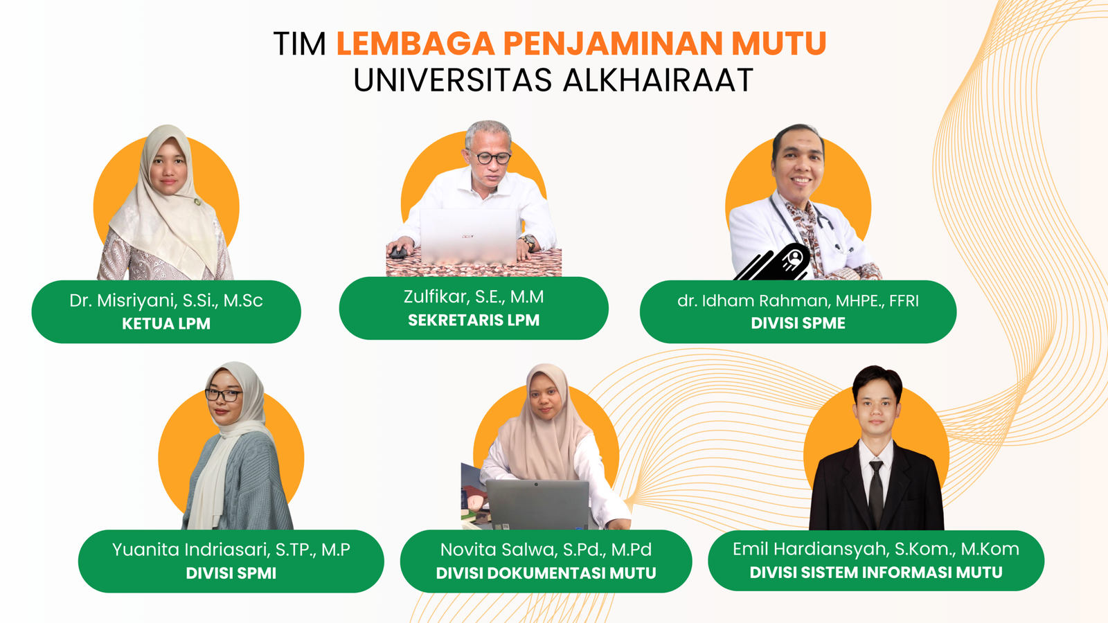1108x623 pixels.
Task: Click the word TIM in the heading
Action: coord(300,44)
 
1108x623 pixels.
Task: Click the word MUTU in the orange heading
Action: coord(779,44)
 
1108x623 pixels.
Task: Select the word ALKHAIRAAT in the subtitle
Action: coord(659,80)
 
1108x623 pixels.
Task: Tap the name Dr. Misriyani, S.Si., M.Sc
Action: coord(166,300)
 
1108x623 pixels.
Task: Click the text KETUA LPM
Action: coord(166,323)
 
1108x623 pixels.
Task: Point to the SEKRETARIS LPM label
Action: coord(474,320)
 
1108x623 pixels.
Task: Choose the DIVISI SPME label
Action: coord(798,323)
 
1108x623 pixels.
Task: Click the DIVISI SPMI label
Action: coord(231,573)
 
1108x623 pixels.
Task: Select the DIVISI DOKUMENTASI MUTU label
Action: coord(546,573)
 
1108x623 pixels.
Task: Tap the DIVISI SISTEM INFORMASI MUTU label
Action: coord(876,572)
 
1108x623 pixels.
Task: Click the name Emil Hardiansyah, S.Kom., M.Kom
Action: coord(876,549)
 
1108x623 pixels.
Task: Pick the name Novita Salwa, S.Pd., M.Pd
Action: coord(546,550)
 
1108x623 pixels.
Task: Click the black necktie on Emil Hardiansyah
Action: coord(876,492)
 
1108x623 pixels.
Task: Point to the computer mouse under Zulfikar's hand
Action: coord(397,252)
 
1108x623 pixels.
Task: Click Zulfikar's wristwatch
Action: coord(528,242)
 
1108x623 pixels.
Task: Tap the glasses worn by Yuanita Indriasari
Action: coord(224,395)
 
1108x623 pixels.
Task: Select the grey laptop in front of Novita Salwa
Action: coord(537,505)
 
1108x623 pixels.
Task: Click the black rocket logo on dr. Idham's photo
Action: coord(774,262)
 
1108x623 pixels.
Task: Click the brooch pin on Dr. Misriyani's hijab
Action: coord(197,201)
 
